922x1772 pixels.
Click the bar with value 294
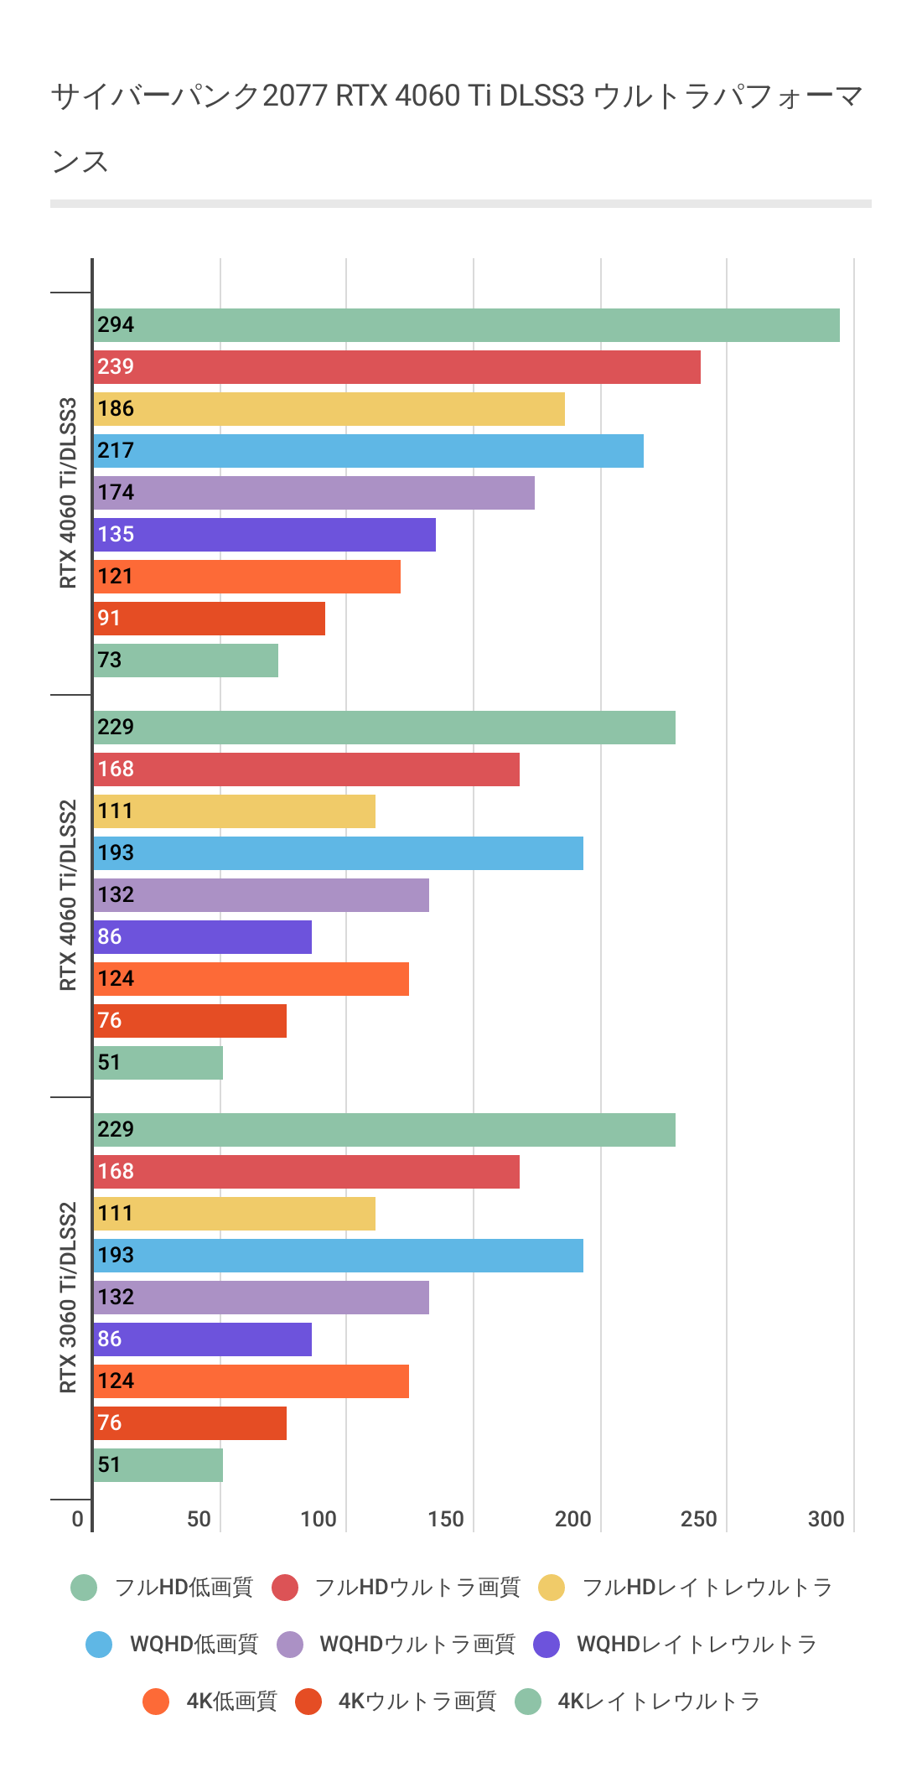[466, 325]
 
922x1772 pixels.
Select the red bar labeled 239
[396, 367]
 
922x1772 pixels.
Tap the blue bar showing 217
[368, 451]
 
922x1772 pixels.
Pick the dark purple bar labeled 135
[264, 535]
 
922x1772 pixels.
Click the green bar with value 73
[185, 661]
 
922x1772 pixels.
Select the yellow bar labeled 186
[329, 409]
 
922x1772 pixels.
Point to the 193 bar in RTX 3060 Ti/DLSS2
[338, 1256]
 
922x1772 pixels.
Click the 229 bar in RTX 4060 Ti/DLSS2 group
[384, 728]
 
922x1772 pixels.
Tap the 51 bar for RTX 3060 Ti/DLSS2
[158, 1465]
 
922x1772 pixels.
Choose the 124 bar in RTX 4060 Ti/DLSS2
[251, 979]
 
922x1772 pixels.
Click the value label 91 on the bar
[109, 619]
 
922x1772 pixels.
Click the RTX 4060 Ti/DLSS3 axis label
[68, 493]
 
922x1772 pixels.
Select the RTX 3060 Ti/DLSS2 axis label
[68, 1298]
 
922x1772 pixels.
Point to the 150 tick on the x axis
[446, 1519]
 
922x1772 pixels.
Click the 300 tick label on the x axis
[826, 1519]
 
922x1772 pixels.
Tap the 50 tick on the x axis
[199, 1519]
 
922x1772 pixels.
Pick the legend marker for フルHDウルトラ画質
[286, 1588]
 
